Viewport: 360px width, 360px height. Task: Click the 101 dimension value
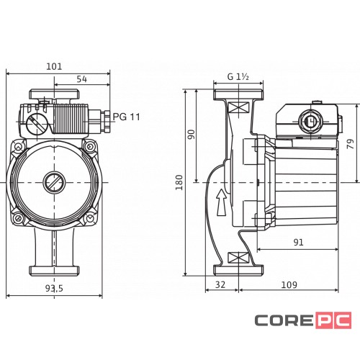(x=54, y=66)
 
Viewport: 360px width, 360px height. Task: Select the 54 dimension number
(x=82, y=79)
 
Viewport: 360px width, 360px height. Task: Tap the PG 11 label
(x=126, y=117)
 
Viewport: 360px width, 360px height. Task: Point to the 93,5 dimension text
(x=54, y=288)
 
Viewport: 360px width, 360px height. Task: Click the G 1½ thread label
(x=238, y=77)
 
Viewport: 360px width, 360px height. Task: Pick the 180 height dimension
(x=179, y=182)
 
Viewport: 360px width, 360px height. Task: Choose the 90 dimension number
(x=192, y=135)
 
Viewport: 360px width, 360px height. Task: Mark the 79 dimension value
(x=351, y=143)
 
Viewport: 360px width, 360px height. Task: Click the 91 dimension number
(x=298, y=242)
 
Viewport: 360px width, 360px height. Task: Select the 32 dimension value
(x=220, y=284)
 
